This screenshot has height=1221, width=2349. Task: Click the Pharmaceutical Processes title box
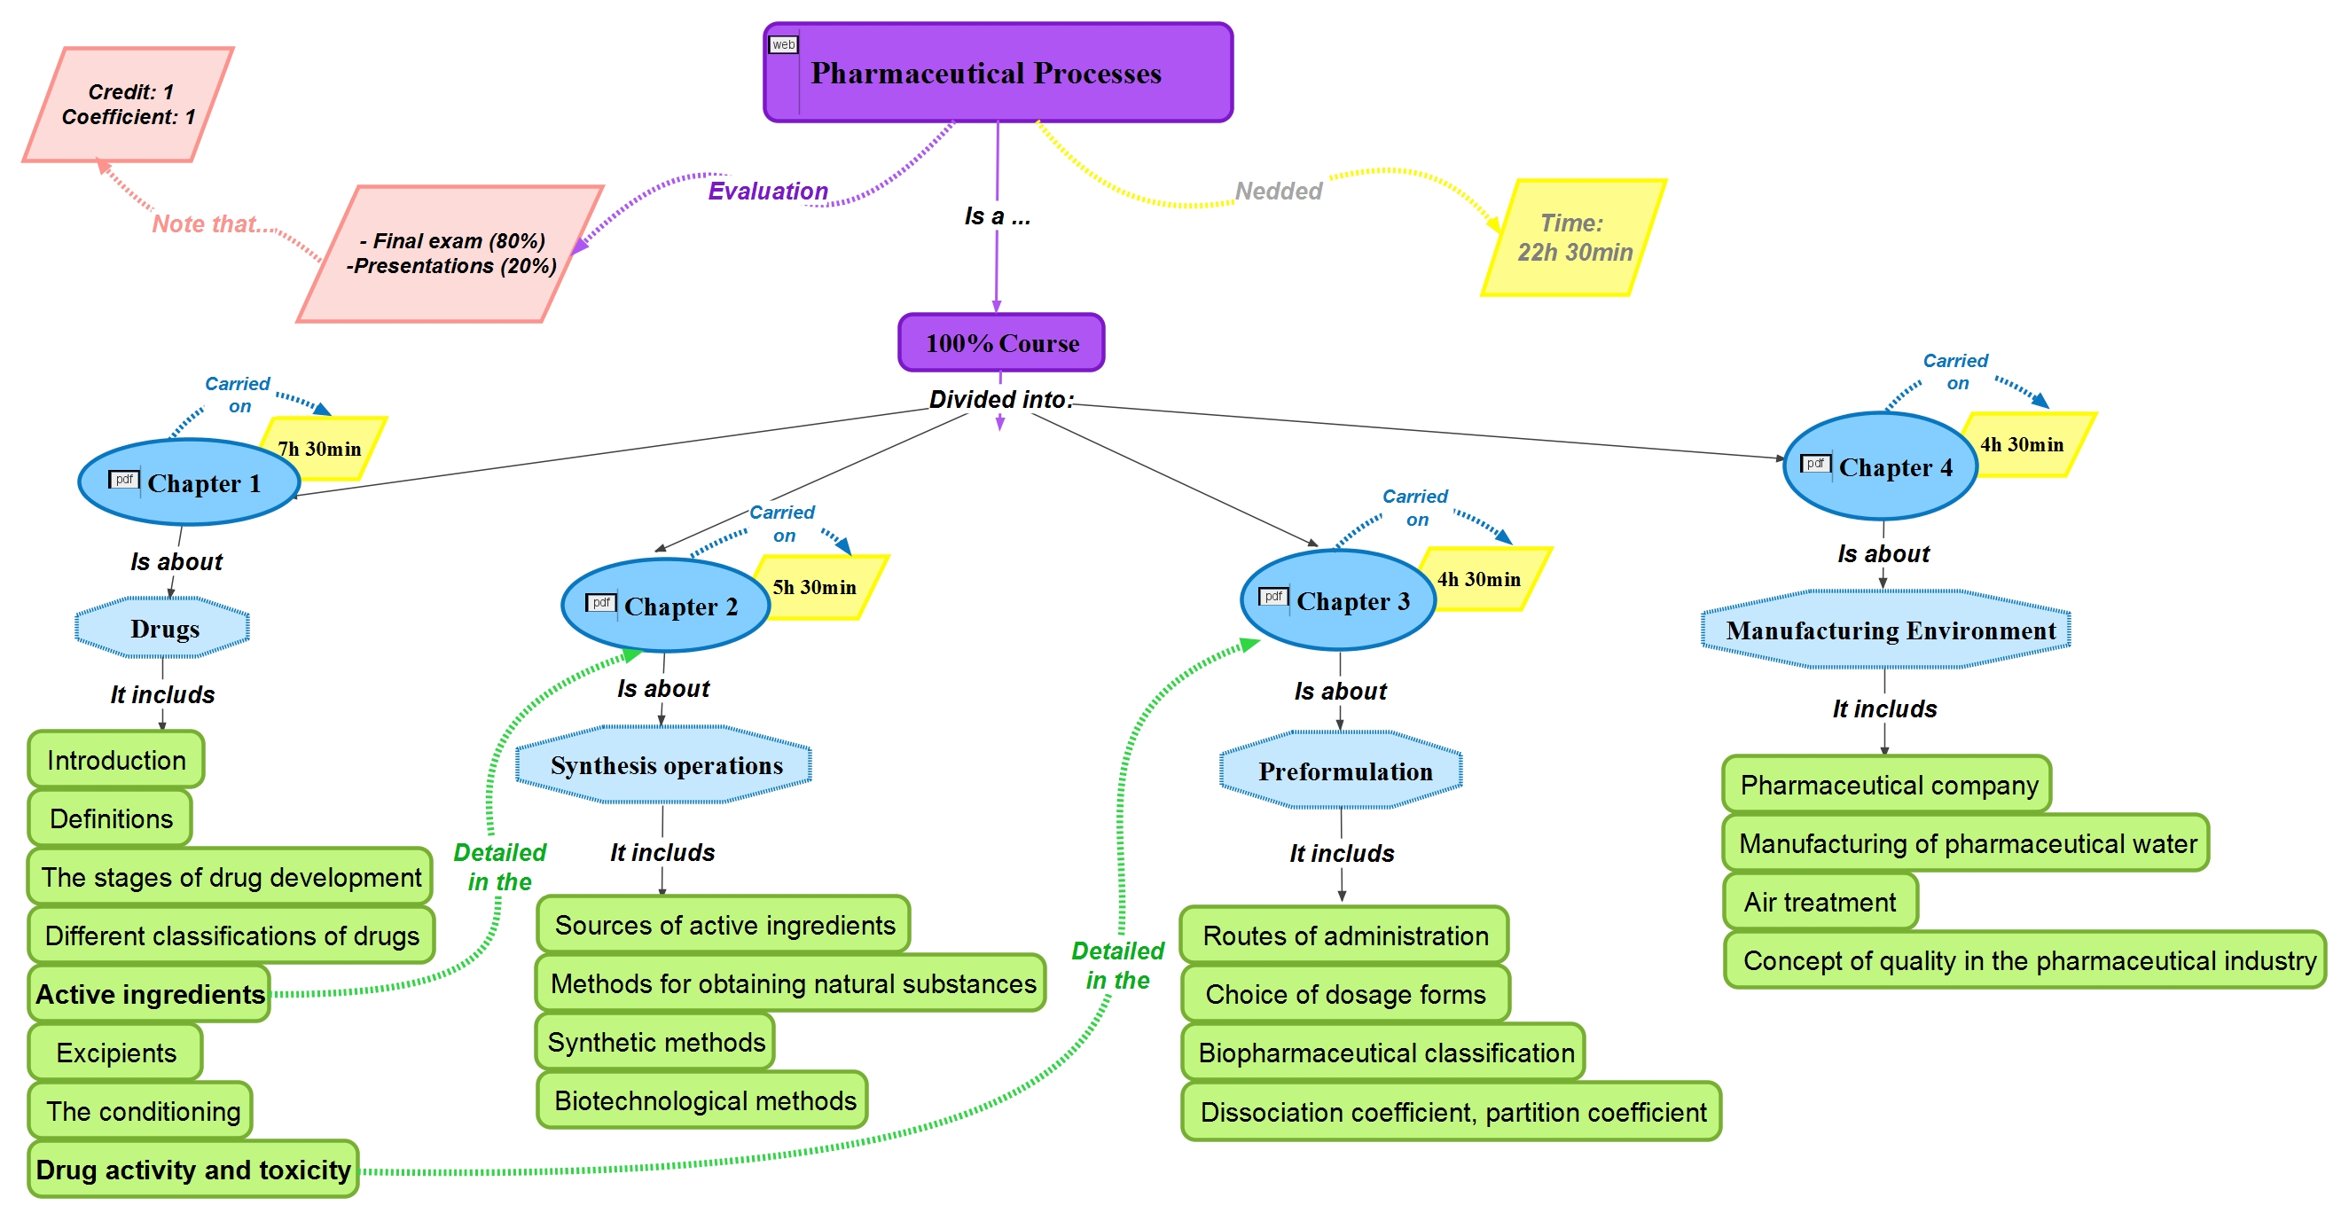998,73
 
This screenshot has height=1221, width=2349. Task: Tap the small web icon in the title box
783,44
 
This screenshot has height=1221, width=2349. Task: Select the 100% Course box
1001,343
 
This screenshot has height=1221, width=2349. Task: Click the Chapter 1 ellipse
190,482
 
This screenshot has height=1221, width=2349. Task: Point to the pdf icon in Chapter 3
1273,597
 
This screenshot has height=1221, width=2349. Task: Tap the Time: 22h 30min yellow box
1574,238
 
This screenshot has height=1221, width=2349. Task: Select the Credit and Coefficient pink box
129,105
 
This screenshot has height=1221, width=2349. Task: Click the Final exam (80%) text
452,240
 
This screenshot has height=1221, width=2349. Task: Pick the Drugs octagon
163,629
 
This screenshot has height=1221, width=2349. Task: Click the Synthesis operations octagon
665,765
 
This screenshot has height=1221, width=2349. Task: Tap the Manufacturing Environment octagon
1886,630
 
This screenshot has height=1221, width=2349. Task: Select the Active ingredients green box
151,994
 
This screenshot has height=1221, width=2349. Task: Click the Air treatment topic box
1820,902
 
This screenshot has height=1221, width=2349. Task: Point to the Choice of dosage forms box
1345,994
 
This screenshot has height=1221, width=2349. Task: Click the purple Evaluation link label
768,192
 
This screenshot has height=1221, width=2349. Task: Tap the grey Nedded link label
1278,192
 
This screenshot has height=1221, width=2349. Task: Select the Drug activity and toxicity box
193,1170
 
